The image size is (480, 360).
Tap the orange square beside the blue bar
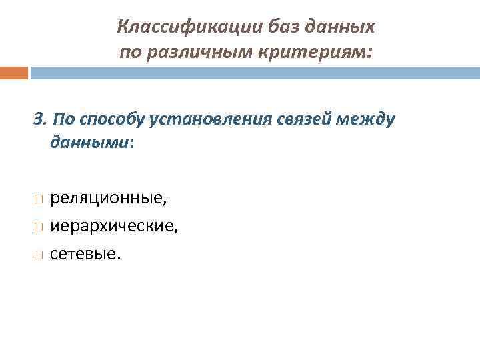14,72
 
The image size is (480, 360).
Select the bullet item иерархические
114,227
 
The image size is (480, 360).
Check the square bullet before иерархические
38,227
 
